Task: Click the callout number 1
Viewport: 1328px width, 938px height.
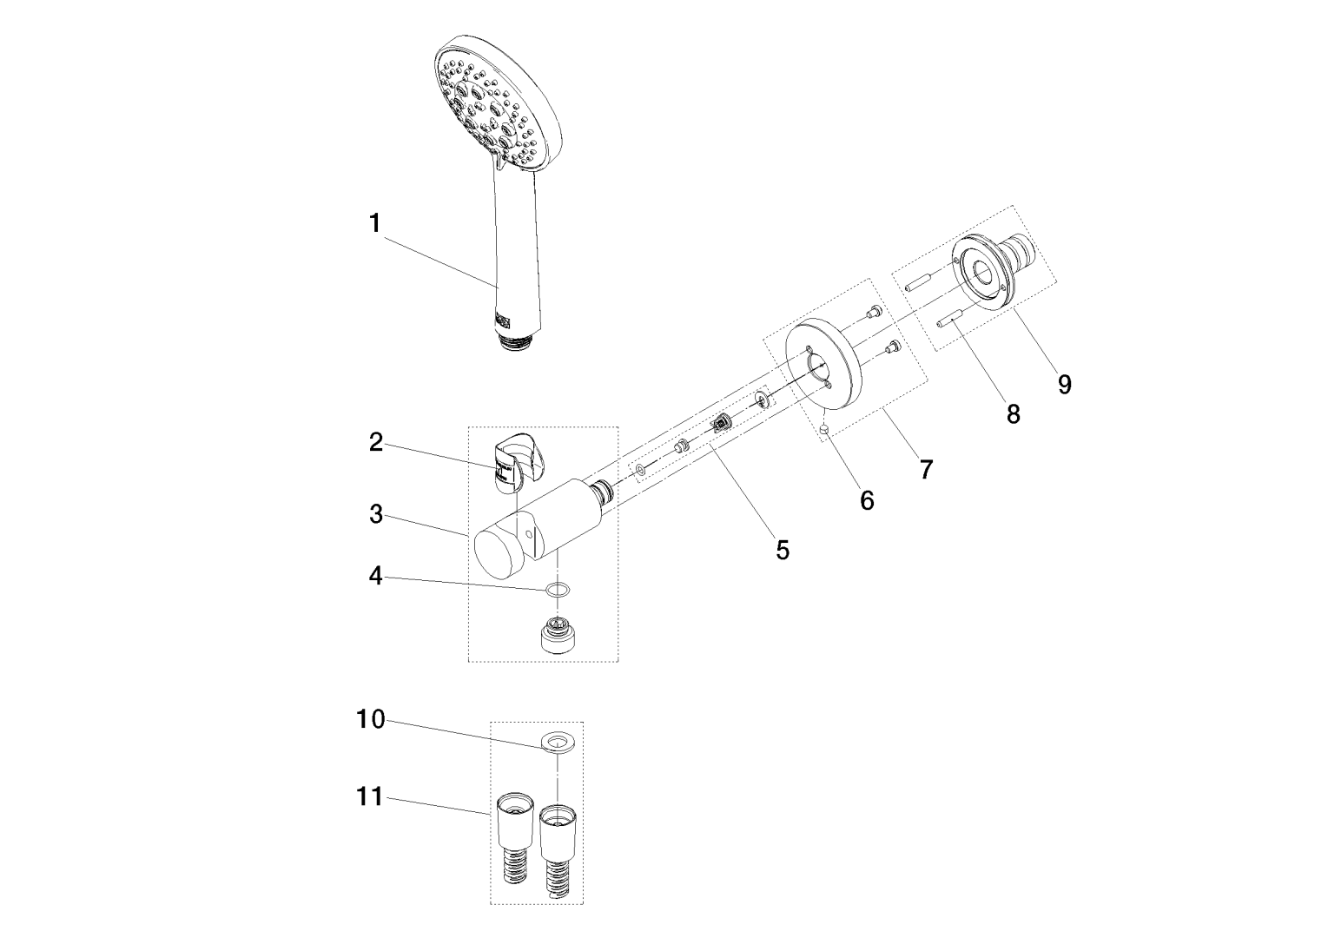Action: pos(374,224)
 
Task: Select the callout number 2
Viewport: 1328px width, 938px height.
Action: pos(375,443)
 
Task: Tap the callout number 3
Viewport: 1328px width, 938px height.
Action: pos(375,514)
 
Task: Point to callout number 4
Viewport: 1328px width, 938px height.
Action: pos(375,576)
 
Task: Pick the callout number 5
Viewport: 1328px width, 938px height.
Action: pos(783,550)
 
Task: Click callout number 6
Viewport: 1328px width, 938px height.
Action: pos(866,500)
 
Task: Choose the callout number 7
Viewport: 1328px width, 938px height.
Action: pos(926,470)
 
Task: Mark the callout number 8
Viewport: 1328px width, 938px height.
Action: pos(1013,414)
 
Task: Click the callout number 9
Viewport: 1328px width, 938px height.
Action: pos(1065,384)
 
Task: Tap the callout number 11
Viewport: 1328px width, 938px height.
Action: pos(370,796)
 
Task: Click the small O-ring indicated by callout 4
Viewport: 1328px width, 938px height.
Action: pos(558,591)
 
